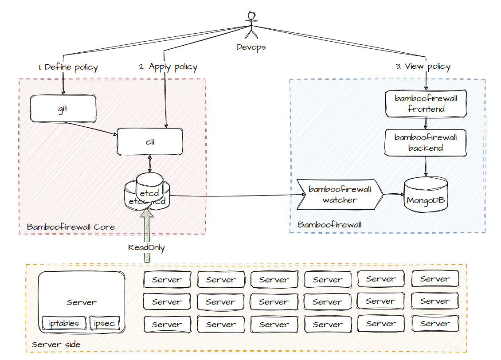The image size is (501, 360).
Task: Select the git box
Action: pos(63,109)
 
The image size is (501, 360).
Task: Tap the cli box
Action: pos(150,142)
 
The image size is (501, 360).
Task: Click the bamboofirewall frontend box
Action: pos(426,104)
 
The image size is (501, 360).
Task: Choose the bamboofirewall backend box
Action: pos(426,143)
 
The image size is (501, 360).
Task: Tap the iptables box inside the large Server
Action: pos(64,323)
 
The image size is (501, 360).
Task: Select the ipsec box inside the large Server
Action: pos(105,323)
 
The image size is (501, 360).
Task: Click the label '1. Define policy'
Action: pos(68,67)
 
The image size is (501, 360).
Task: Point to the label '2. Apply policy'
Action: pos(168,67)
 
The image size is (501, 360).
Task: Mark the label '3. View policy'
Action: pos(423,67)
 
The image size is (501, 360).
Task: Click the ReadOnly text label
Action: pos(146,248)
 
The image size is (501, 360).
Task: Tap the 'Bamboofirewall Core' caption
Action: pos(70,227)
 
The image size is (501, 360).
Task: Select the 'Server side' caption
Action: pos(56,344)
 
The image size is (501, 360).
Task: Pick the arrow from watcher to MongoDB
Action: pos(393,194)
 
